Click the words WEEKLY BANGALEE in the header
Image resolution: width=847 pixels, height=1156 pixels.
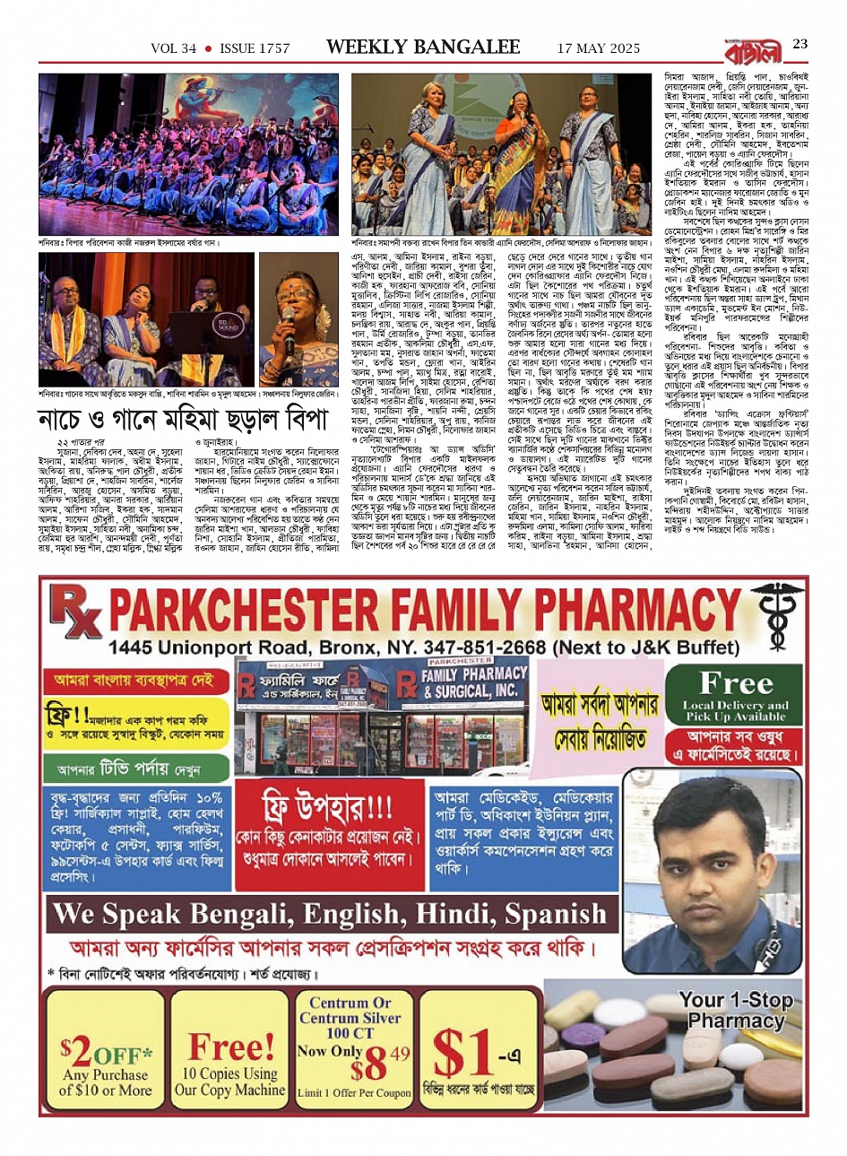pos(422,47)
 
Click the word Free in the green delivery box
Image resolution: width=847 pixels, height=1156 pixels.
pos(736,683)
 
